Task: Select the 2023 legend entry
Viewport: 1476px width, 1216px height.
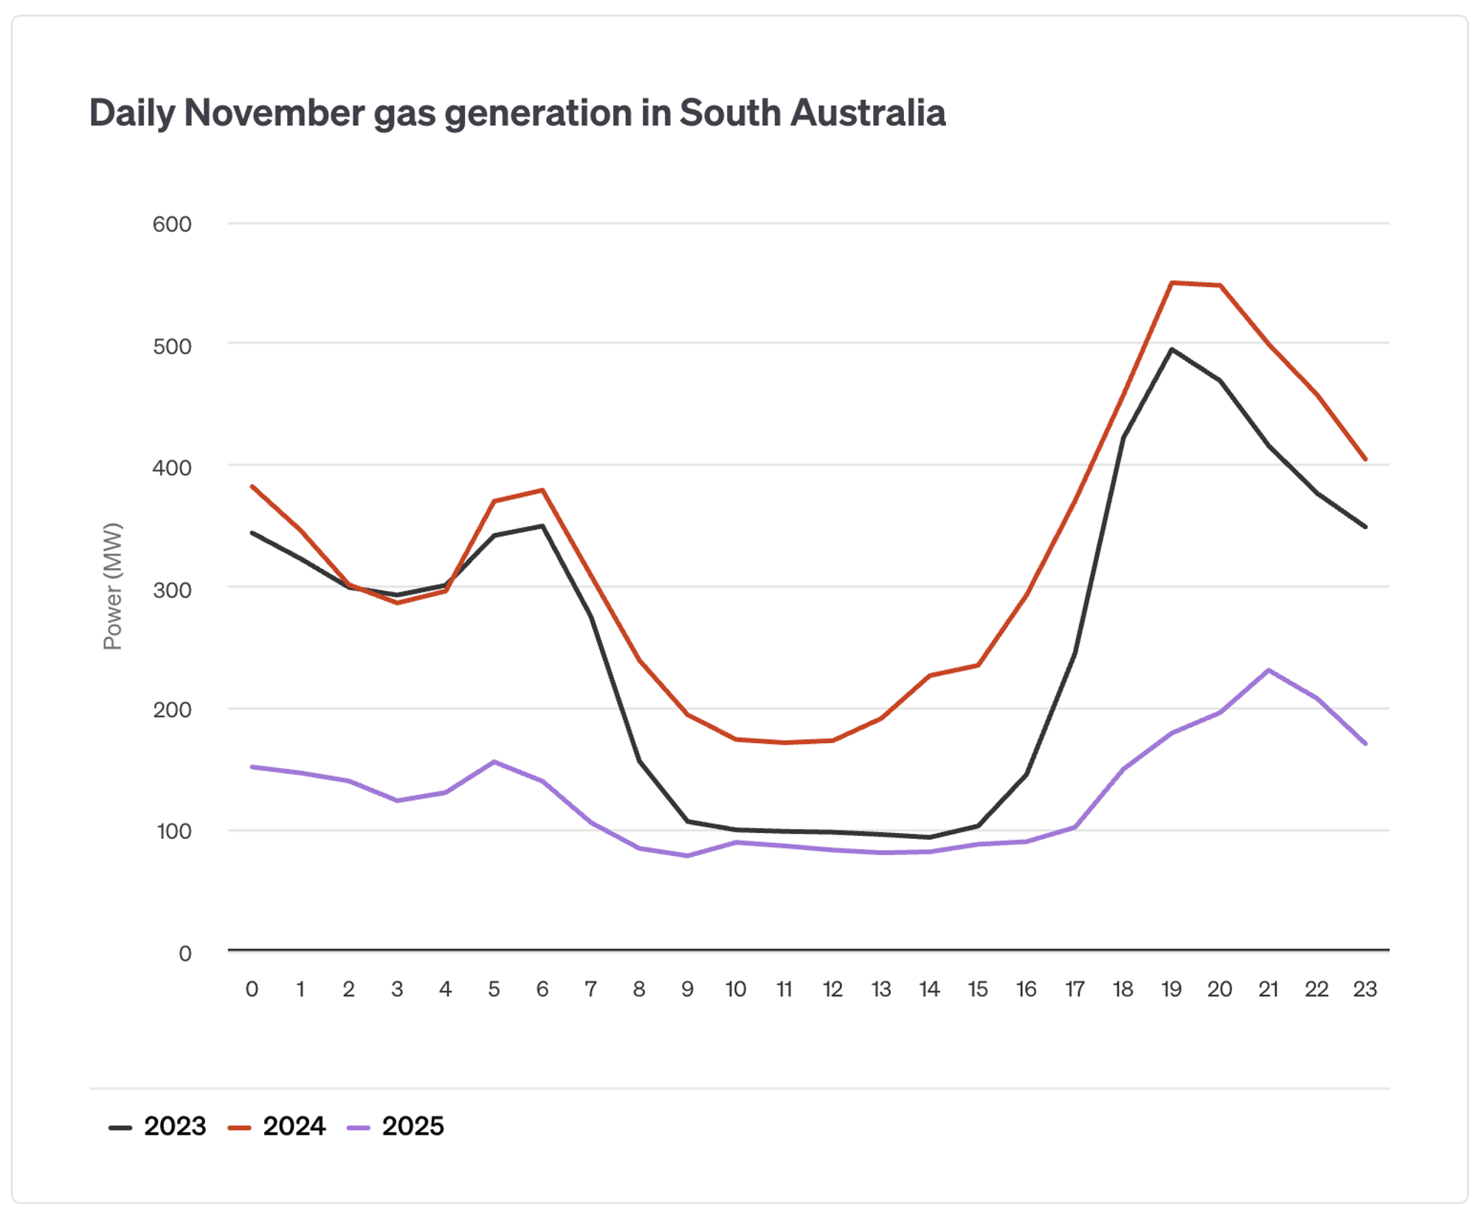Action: coord(159,1126)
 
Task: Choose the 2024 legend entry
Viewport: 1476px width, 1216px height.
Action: coord(277,1126)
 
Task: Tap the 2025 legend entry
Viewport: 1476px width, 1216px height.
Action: coord(396,1126)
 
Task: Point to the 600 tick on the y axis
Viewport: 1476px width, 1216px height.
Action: coord(172,224)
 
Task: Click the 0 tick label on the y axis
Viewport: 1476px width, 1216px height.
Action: coord(185,953)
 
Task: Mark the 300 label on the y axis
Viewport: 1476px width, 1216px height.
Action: coord(172,590)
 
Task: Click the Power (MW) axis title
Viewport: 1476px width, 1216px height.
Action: coord(112,586)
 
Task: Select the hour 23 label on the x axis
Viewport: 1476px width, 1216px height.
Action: coord(1365,989)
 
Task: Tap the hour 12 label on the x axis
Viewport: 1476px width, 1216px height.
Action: coord(832,989)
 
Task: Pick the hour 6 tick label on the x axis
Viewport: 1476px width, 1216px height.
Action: coord(542,989)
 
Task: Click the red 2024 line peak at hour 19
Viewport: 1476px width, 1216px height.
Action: coord(1172,283)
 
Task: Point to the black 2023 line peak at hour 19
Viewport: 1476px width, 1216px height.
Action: coord(1172,349)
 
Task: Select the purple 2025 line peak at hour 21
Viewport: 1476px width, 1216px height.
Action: coord(1268,670)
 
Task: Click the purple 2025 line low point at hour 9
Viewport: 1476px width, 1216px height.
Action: coord(688,856)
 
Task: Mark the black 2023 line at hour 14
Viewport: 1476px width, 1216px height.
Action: coord(929,837)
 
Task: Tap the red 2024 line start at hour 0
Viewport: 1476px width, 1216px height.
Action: coord(252,486)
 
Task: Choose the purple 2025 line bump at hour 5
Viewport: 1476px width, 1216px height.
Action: coord(494,761)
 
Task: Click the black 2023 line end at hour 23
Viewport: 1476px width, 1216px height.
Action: coord(1365,527)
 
